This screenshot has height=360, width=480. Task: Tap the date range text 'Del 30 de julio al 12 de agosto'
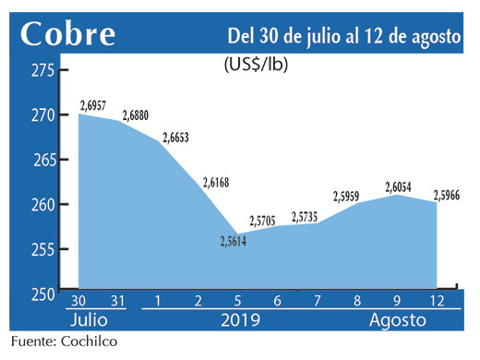(x=344, y=36)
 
